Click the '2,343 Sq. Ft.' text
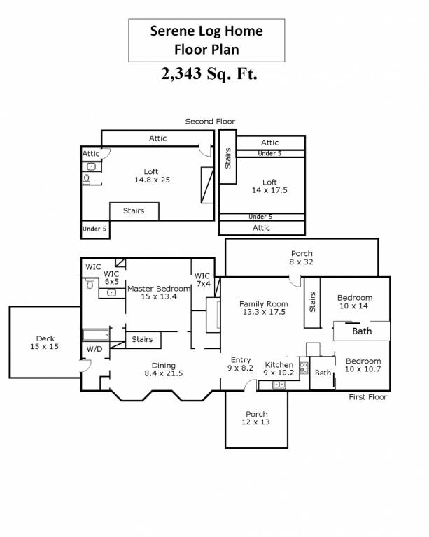coord(209,73)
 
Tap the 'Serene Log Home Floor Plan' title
coord(206,40)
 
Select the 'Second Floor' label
coord(210,121)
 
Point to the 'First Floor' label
coord(367,397)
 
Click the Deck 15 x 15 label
coord(45,343)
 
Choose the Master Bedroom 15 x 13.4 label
coord(159,292)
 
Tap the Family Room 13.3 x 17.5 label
coord(264,308)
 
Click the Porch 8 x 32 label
coord(302,257)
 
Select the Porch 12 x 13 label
coord(256,418)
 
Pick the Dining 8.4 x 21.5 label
coord(164,369)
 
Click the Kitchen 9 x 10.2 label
coord(279,368)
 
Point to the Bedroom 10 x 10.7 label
coord(363,365)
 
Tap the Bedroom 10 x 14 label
coord(354,302)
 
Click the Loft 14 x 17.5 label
coord(269,186)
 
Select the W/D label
coord(94,349)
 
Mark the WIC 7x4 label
coord(202,280)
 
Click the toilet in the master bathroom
coord(90,283)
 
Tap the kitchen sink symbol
coord(279,385)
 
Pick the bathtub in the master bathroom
coord(97,335)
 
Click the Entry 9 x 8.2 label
coord(240,364)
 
